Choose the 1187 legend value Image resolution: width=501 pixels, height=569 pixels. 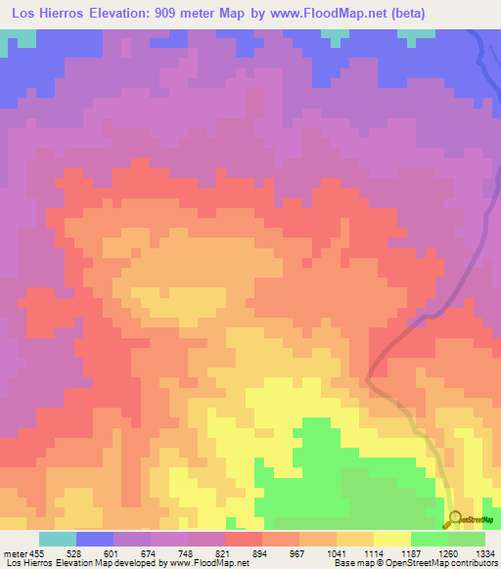[x=412, y=553]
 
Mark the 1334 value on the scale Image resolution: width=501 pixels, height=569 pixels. [x=483, y=553]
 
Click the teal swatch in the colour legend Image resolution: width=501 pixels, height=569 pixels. [x=57, y=539]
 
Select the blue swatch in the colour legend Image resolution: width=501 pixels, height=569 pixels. [x=94, y=539]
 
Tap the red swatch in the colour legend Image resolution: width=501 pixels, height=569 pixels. [x=243, y=539]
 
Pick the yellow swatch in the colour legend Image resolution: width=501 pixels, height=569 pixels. [x=391, y=539]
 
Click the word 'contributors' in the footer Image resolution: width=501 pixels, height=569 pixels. [x=470, y=564]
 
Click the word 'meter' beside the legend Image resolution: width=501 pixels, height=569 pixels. [x=13, y=553]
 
